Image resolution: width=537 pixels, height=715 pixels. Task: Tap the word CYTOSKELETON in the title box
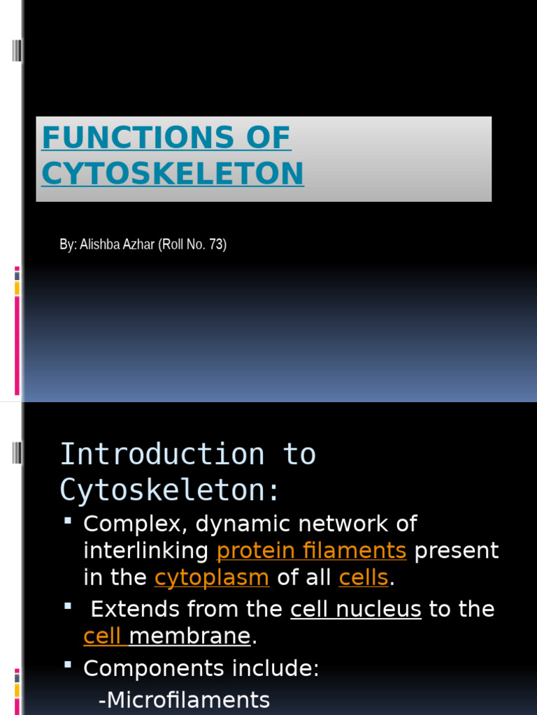tap(173, 173)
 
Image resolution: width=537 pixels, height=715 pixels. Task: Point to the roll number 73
tap(215, 245)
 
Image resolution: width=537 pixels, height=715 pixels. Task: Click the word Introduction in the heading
tap(162, 455)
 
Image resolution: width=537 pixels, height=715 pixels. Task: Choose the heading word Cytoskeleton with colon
tap(170, 490)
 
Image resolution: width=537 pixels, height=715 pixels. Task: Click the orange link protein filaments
tap(311, 551)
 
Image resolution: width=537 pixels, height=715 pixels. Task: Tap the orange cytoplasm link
tap(212, 577)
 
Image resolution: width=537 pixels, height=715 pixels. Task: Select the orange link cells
tap(364, 577)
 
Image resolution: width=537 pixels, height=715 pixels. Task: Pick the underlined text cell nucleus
tap(356, 609)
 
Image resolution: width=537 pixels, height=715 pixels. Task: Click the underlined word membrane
tap(189, 636)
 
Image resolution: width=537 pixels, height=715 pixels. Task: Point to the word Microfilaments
tap(184, 700)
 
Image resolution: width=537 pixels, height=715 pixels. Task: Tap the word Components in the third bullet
tap(144, 669)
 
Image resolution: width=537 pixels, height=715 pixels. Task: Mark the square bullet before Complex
tap(68, 521)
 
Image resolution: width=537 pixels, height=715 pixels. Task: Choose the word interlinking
tap(145, 551)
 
